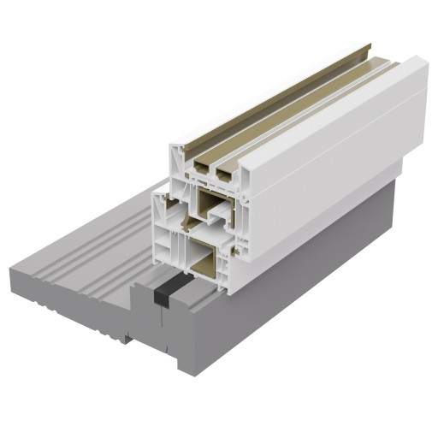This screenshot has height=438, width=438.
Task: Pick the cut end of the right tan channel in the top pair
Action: click(x=225, y=173)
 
